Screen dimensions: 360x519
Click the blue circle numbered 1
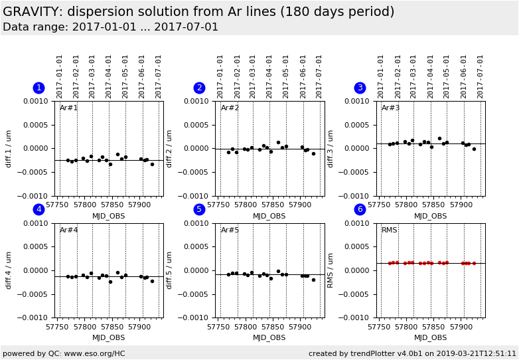[x=38, y=88]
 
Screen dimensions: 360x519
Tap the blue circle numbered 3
[x=360, y=88]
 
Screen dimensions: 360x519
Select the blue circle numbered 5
[x=199, y=210]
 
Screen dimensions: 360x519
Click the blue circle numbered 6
[x=360, y=210]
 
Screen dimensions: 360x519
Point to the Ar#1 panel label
[x=69, y=108]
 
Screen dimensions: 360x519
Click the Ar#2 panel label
[x=230, y=108]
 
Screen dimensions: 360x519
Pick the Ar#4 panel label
[x=69, y=230]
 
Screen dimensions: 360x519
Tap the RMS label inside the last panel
[x=390, y=230]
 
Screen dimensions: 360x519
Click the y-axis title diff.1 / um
[x=9, y=148]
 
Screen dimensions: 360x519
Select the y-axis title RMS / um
[x=331, y=270]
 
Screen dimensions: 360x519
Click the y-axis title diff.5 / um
[x=170, y=270]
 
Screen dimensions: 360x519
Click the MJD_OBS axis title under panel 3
[x=430, y=216]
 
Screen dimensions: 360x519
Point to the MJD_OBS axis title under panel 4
[x=108, y=337]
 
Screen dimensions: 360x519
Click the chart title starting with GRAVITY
[x=198, y=12]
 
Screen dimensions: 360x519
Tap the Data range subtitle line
[x=110, y=27]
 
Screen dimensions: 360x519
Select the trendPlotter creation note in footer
[x=411, y=353]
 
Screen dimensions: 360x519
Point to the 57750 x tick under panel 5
[x=219, y=327]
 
